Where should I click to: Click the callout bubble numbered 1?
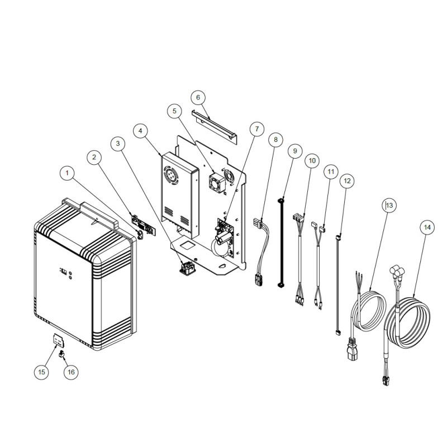click(67, 173)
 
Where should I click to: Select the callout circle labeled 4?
click(140, 131)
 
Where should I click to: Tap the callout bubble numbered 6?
click(198, 97)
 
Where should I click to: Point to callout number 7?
click(257, 129)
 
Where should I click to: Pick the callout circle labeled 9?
click(295, 151)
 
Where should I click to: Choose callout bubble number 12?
click(347, 181)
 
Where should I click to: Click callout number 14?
click(427, 227)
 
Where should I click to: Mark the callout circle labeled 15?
click(41, 372)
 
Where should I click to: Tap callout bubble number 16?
click(71, 372)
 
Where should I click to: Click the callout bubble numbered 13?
click(389, 205)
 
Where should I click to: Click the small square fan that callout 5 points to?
click(218, 182)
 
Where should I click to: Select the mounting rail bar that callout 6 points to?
click(214, 126)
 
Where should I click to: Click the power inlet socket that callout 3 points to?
click(186, 268)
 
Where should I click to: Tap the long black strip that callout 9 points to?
click(281, 243)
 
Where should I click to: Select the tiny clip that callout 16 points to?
click(61, 354)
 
